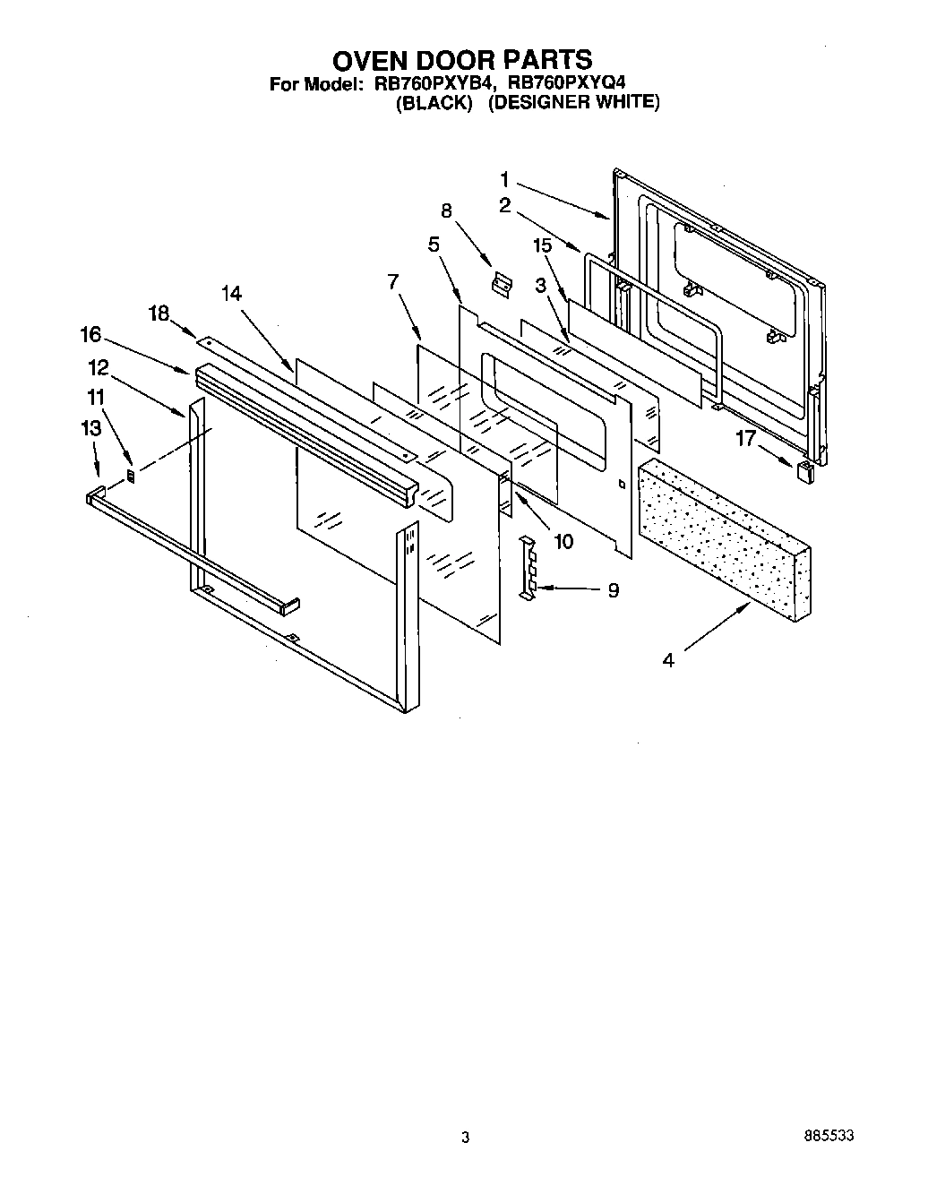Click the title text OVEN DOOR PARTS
point(462,60)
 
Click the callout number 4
point(668,661)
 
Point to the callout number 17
point(746,438)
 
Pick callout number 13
point(90,429)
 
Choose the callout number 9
point(613,590)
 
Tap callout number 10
point(563,541)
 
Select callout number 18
point(159,312)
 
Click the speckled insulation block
point(726,537)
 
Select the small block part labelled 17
point(804,471)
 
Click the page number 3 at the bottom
point(465,1137)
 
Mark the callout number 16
point(90,335)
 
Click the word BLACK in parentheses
point(434,102)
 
